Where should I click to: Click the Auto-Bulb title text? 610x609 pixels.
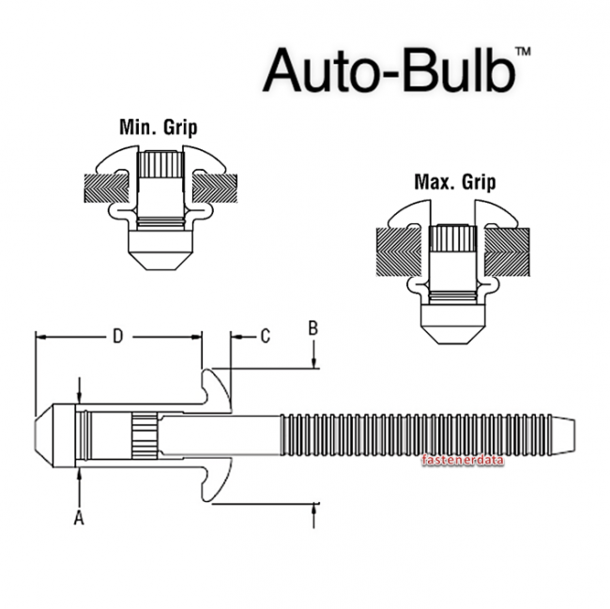[x=389, y=70]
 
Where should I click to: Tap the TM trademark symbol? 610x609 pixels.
[x=524, y=53]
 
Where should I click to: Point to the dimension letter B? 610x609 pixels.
[x=314, y=327]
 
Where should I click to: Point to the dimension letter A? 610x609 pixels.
[x=79, y=516]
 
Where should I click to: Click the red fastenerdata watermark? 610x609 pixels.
[x=464, y=461]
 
